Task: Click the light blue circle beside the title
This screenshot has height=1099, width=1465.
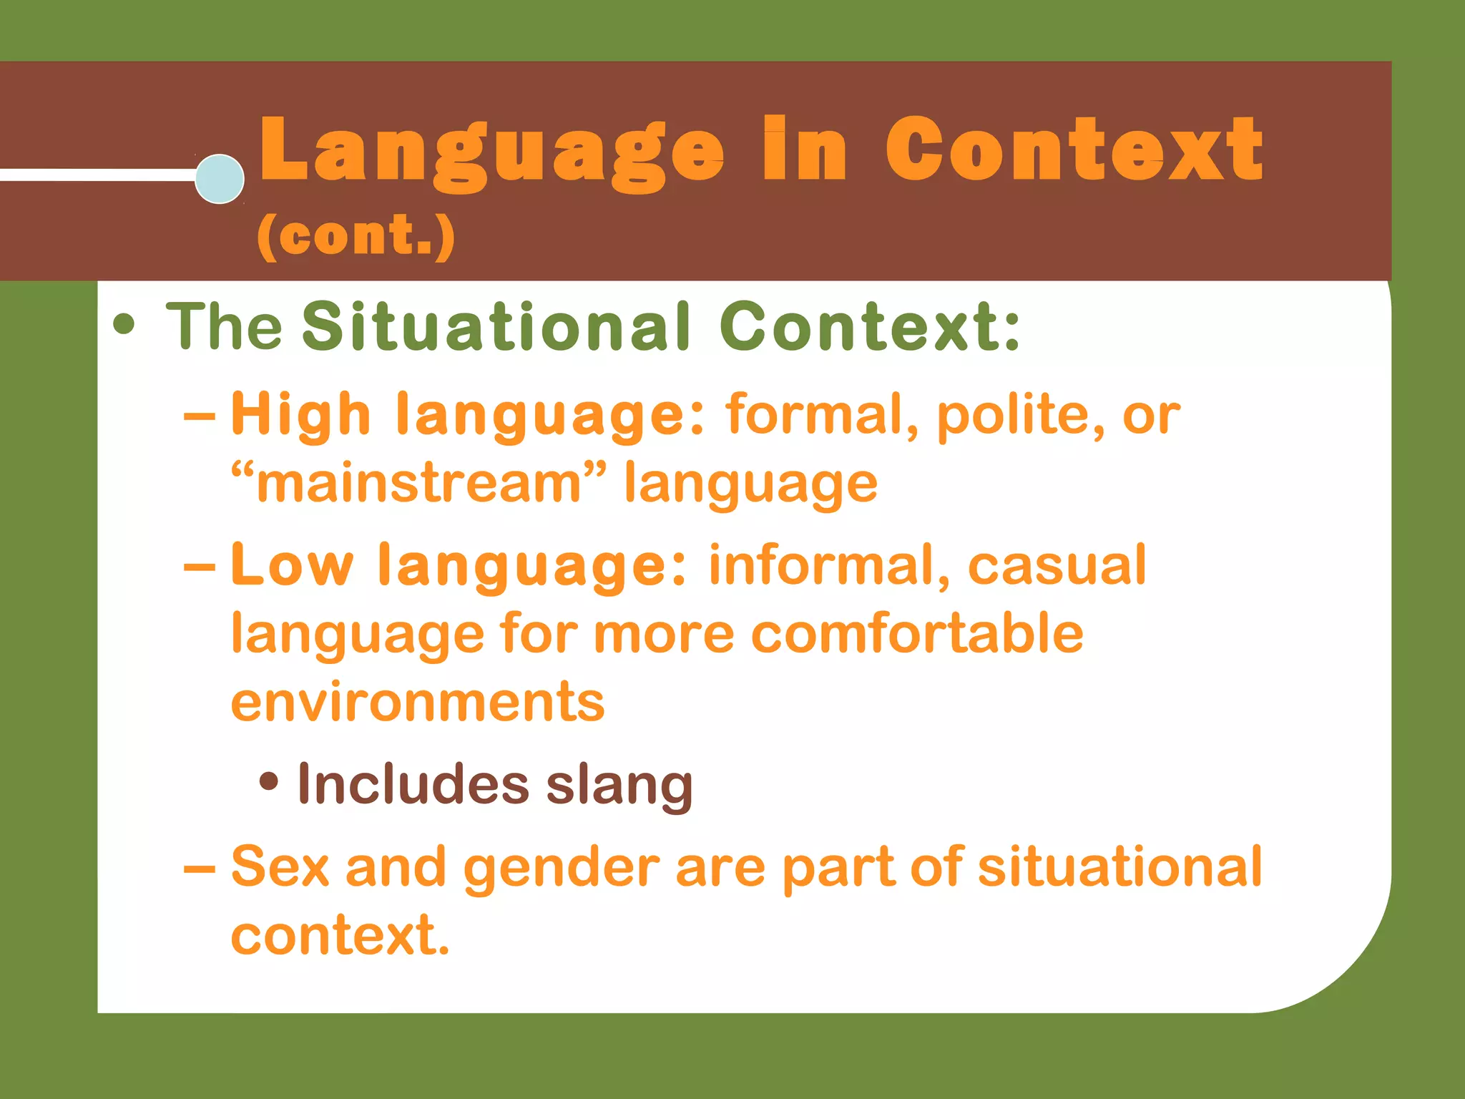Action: [220, 179]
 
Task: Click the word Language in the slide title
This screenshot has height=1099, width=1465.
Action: [491, 152]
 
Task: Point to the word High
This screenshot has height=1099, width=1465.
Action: [300, 416]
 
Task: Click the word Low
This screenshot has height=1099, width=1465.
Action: [293, 565]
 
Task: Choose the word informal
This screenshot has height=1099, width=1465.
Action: [829, 565]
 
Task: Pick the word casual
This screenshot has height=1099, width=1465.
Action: [1057, 566]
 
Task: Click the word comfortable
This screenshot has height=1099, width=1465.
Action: [917, 634]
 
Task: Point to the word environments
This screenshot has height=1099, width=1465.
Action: [418, 702]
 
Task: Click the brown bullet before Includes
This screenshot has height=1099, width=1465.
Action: [269, 782]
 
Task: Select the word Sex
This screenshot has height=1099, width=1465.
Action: [280, 866]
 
